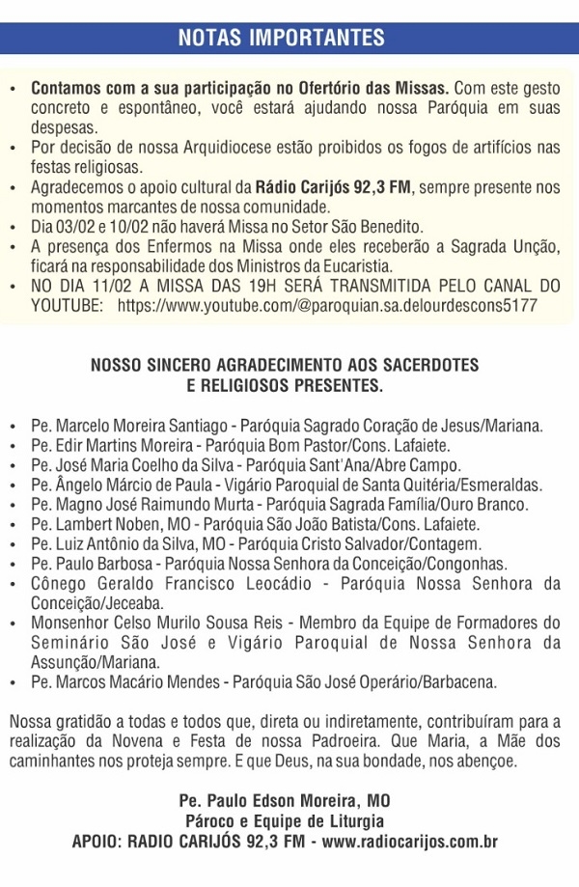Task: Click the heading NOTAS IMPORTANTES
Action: coord(282,38)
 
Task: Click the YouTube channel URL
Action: coord(328,305)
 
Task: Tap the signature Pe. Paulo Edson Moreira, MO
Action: coord(285,801)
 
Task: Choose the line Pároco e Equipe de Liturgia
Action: coord(285,821)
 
